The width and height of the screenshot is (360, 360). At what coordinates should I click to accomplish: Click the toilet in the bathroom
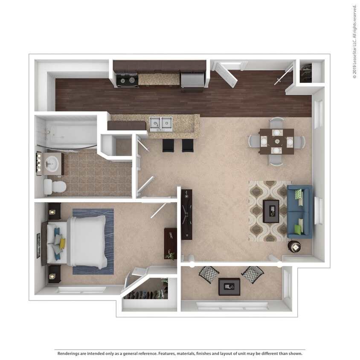[55, 187]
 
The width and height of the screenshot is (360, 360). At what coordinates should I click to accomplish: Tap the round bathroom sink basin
[52, 163]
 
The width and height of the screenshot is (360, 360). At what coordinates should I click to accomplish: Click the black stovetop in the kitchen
[127, 80]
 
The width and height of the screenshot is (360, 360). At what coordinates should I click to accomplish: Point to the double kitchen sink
[161, 124]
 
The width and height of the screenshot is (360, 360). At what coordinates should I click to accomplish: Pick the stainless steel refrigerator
[192, 80]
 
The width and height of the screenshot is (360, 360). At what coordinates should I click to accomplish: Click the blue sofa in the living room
[299, 212]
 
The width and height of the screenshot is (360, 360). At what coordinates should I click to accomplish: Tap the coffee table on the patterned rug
[271, 211]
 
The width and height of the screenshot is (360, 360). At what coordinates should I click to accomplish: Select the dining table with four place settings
[277, 141]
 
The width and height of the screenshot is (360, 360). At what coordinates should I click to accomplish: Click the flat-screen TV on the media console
[186, 215]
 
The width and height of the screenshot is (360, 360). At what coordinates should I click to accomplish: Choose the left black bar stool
[168, 145]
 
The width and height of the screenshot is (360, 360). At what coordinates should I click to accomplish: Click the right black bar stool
[188, 145]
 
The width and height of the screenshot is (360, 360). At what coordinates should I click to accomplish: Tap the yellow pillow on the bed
[62, 244]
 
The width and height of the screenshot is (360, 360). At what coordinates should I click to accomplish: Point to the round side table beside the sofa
[295, 247]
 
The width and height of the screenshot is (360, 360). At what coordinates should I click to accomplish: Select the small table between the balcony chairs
[229, 287]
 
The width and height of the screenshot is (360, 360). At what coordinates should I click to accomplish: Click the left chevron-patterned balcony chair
[209, 275]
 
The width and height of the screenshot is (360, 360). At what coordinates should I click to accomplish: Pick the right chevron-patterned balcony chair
[253, 275]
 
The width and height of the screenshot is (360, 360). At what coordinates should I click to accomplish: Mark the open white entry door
[226, 75]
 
